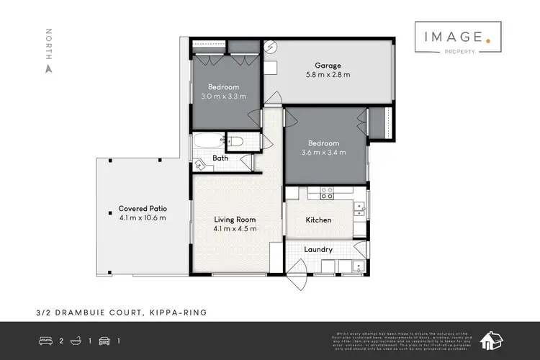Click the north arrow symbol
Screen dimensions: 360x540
49,69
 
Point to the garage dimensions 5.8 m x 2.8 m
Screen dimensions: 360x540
327,74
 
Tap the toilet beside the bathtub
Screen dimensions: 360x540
236,142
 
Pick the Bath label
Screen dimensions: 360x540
220,159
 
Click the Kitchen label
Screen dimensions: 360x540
318,220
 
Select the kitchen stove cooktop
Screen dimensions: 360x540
326,193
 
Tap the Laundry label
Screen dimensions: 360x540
318,250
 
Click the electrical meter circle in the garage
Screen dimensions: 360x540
271,48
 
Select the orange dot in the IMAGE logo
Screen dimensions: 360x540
488,43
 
